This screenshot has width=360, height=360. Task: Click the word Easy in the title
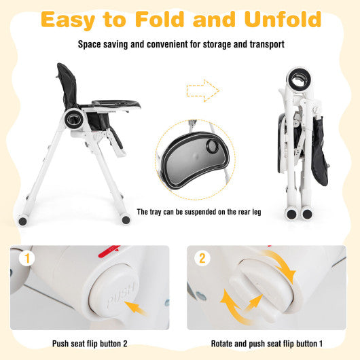click(x=75, y=20)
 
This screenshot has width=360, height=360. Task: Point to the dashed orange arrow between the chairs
click(x=201, y=88)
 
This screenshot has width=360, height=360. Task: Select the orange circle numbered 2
click(x=202, y=259)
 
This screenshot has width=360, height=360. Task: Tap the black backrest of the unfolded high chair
click(x=67, y=86)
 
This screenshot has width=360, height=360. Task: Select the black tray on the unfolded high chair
click(x=115, y=104)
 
